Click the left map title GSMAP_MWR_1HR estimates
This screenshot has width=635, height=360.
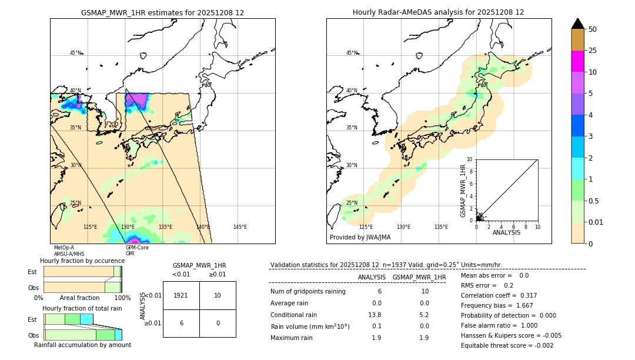[162, 12]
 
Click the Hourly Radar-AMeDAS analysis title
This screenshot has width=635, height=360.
[438, 12]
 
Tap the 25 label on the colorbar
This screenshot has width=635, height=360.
[593, 51]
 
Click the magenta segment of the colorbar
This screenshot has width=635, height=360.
[577, 61]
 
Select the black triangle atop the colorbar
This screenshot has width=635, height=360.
[577, 24]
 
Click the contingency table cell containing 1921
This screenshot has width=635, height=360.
[181, 295]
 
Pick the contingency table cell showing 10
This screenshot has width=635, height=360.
[217, 295]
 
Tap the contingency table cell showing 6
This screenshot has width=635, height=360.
[181, 323]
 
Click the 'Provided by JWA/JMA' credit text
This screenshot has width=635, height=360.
[360, 238]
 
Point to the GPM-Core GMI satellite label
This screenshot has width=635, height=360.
[137, 251]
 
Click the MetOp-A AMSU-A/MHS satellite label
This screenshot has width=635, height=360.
[68, 251]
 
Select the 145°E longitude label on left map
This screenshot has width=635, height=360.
[240, 227]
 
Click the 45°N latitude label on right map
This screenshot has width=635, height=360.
[352, 53]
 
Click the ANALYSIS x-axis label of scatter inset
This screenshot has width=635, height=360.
[506, 232]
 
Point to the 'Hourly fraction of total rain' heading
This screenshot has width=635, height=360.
[82, 309]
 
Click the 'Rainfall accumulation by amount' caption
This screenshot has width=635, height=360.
[82, 345]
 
